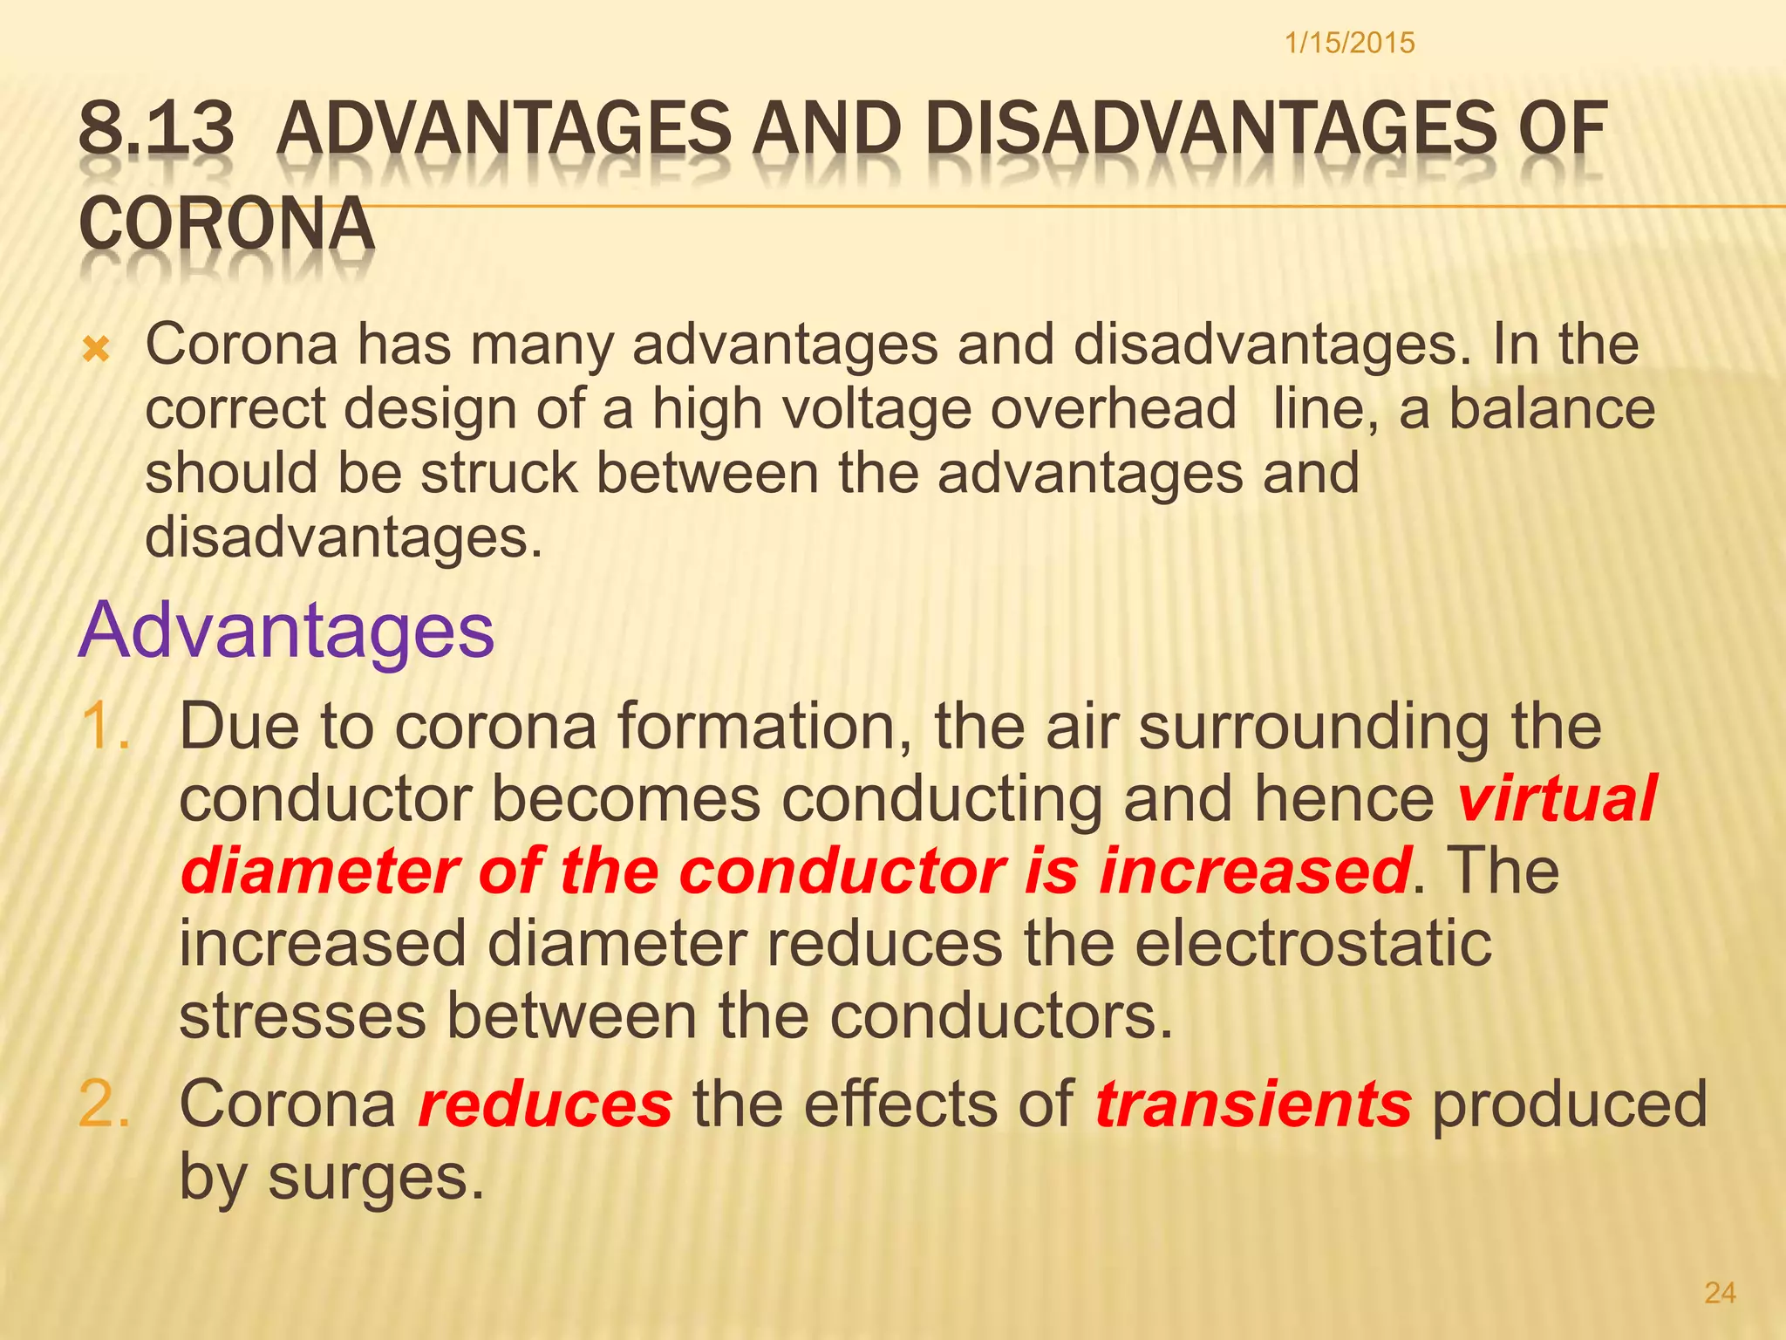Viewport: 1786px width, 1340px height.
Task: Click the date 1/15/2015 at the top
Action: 1349,43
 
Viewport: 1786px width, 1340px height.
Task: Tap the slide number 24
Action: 1720,1292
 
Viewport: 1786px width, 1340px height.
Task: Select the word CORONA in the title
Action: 227,223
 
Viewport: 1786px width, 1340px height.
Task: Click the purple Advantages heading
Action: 287,630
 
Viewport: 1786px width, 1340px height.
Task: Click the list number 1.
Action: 106,727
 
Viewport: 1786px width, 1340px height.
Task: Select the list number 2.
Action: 106,1104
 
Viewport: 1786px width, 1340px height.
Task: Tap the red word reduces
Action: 546,1104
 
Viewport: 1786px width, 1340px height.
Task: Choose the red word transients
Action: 1253,1104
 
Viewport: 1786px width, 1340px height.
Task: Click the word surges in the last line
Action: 375,1178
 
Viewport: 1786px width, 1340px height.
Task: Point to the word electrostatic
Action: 1313,944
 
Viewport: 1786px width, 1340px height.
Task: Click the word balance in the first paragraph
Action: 1552,408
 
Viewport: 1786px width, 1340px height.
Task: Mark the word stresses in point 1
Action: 303,1016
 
